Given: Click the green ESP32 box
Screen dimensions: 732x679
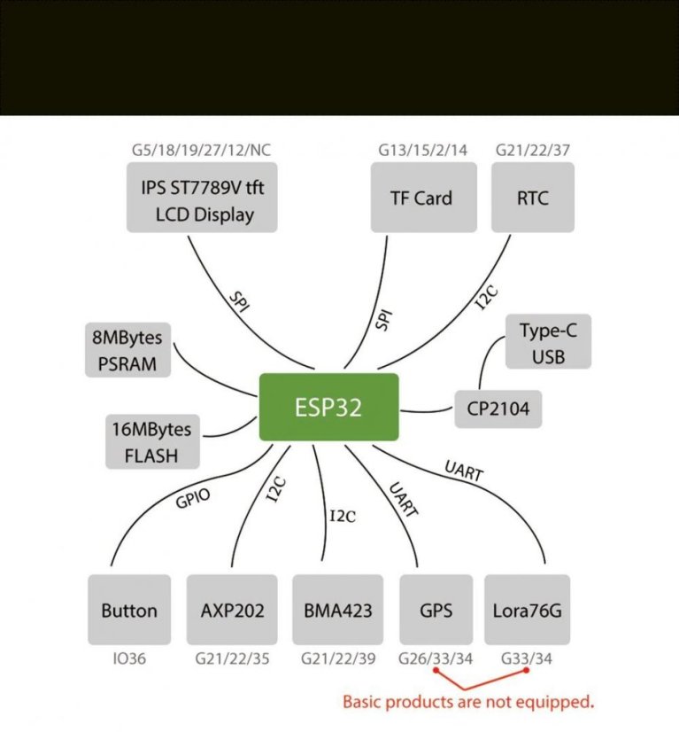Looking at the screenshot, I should tap(328, 407).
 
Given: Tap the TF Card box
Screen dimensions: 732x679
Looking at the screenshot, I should tap(421, 197).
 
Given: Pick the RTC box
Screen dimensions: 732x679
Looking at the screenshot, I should tap(532, 197).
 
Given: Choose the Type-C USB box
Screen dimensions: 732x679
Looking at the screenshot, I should tap(548, 343).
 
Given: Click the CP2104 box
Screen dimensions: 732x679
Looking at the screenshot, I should tap(498, 409).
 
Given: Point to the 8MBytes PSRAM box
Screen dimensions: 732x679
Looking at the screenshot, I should tap(128, 349).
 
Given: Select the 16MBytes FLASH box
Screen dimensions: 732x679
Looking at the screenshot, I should tap(152, 442).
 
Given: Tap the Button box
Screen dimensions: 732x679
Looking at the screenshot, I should tap(129, 610).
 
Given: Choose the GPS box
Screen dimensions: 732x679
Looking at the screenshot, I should tap(436, 610).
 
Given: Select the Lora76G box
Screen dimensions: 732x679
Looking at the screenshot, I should tap(527, 610).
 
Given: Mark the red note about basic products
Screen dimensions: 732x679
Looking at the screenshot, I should tap(467, 703).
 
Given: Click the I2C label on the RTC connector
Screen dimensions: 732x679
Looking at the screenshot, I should tap(488, 298).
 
